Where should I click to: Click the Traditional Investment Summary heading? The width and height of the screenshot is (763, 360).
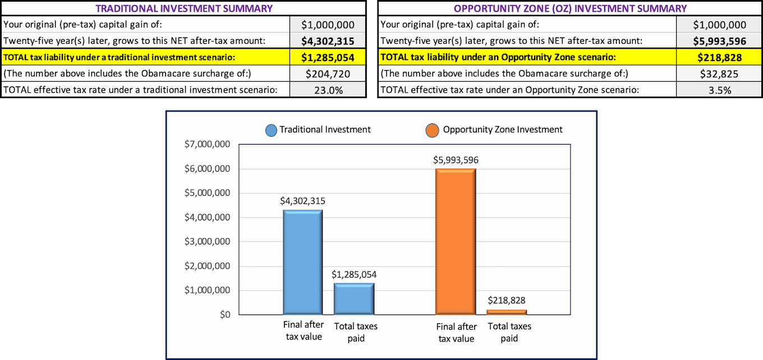tap(183, 8)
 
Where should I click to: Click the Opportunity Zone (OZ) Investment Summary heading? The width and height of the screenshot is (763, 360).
tap(570, 8)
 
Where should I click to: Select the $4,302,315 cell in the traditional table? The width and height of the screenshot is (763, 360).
tap(328, 41)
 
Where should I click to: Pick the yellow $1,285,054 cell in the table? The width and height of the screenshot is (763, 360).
tap(328, 57)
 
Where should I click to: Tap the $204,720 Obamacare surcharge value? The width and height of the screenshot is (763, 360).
tap(328, 73)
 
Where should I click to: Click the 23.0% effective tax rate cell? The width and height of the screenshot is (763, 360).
tap(328, 90)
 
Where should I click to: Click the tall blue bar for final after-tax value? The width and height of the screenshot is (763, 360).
tap(303, 262)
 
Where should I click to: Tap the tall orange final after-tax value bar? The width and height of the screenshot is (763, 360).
tap(456, 241)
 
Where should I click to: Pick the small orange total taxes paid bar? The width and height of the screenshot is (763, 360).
tap(507, 312)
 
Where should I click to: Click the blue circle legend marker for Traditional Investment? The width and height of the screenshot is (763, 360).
tap(272, 131)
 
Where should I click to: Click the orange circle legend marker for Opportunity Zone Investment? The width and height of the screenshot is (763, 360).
tap(432, 131)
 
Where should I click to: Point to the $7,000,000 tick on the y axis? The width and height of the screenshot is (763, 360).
tap(207, 145)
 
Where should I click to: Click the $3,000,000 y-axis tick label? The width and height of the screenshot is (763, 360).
tap(207, 242)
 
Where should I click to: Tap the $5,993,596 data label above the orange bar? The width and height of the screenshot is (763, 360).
tap(456, 160)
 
